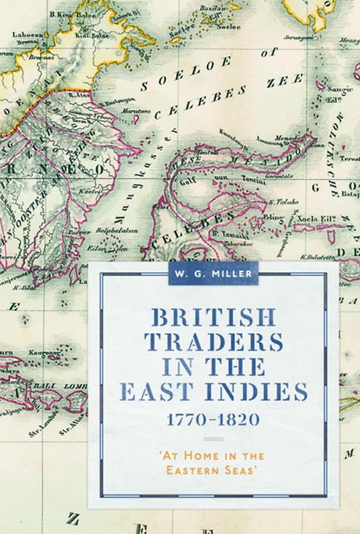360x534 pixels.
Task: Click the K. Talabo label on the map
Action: click(277, 199)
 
